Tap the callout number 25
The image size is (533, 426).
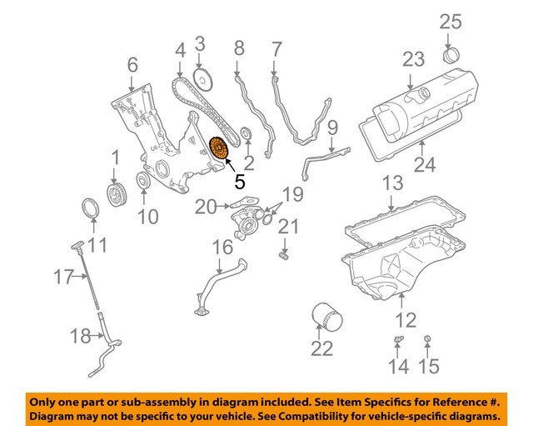pyautogui.click(x=450, y=23)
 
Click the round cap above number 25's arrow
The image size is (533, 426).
pyautogui.click(x=450, y=58)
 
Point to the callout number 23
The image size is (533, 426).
pyautogui.click(x=414, y=60)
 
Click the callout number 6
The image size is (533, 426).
pyautogui.click(x=132, y=63)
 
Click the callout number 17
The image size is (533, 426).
pyautogui.click(x=64, y=277)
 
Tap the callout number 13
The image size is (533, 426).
pyautogui.click(x=392, y=182)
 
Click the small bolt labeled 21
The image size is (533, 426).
pyautogui.click(x=285, y=254)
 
